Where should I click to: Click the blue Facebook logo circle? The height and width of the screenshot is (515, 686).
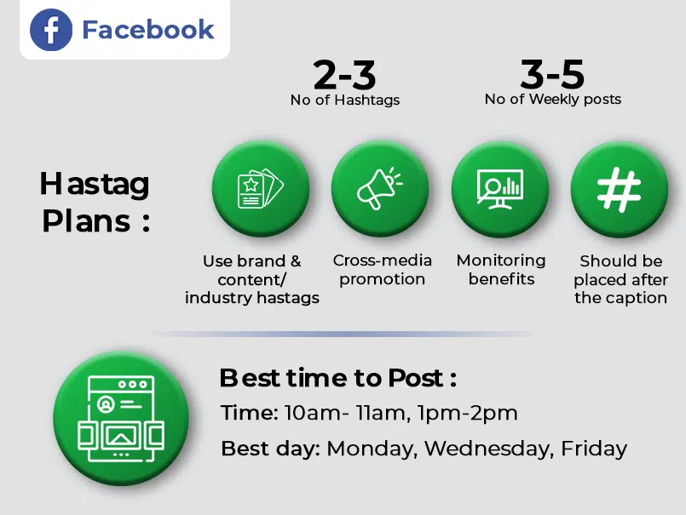pos(51,31)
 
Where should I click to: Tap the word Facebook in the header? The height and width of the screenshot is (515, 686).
pos(147,30)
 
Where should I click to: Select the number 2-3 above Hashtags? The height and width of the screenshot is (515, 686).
pos(344,77)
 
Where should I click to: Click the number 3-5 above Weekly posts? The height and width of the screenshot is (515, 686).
pos(552,76)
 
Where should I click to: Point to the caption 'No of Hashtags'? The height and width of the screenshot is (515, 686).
pos(344,100)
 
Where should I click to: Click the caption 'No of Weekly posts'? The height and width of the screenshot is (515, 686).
pos(552,100)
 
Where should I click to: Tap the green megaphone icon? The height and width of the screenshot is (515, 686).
pos(380,189)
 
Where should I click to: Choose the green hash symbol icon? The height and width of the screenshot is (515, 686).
pos(620,189)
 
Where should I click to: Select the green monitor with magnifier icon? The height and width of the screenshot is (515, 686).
pos(500,189)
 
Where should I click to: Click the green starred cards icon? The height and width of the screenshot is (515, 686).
pos(260,189)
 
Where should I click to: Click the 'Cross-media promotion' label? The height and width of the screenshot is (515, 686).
pos(382,270)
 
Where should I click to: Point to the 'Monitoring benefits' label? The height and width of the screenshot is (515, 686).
pos(501,270)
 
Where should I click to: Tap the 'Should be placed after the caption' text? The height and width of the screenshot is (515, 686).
pos(620,280)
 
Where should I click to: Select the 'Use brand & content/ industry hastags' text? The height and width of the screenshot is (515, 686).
pos(252,279)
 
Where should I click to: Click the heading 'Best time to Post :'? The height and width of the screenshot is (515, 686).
pos(338,378)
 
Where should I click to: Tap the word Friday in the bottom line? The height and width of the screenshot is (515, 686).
pos(593,448)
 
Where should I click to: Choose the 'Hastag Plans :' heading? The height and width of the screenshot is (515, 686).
pos(95,202)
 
